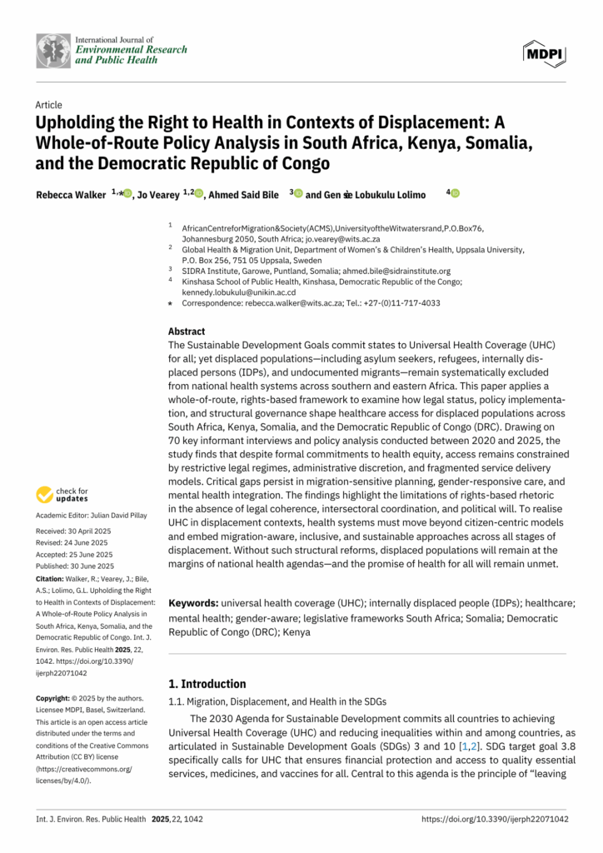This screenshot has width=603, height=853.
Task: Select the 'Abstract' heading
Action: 187,331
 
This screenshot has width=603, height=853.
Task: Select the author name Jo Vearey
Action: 158,194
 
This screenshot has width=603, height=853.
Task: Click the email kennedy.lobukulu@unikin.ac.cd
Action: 239,292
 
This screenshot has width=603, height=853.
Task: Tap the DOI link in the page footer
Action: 495,820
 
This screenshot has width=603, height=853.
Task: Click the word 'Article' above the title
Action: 48,105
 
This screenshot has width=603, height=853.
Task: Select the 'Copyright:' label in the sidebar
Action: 57,697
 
